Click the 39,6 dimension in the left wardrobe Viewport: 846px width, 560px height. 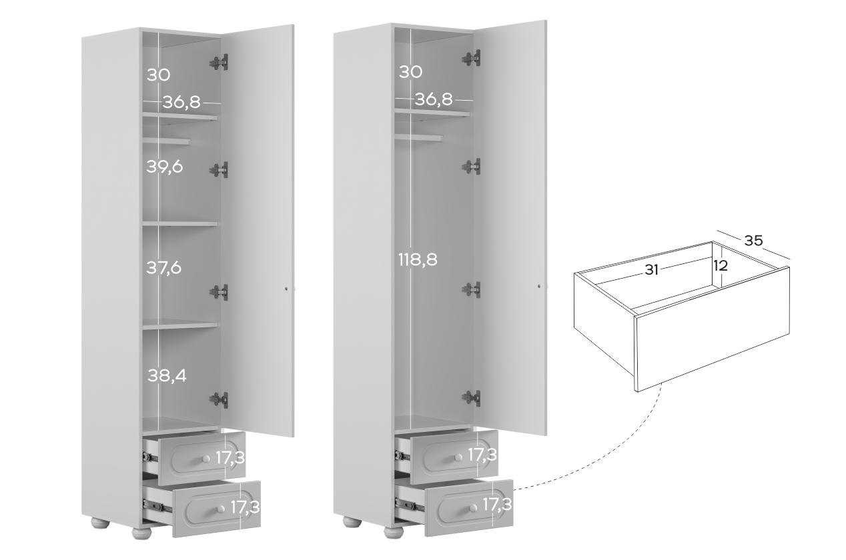[x=165, y=167]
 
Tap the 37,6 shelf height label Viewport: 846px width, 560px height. [x=164, y=268]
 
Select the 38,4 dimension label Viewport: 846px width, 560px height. [x=167, y=375]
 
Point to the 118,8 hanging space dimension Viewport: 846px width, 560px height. [x=418, y=259]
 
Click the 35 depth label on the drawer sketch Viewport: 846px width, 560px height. [x=753, y=241]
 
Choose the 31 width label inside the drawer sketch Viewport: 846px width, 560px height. [x=651, y=270]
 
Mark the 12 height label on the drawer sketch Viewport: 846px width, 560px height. [x=721, y=266]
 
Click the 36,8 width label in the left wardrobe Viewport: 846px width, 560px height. [x=181, y=102]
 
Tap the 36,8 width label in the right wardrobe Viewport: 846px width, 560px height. [x=434, y=99]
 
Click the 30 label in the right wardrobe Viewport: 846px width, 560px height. [x=410, y=72]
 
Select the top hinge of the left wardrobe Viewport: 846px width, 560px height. [x=220, y=62]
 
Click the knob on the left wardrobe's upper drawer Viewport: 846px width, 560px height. [x=206, y=459]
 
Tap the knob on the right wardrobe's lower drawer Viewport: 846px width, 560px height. [x=473, y=508]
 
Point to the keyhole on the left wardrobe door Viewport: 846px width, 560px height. [x=286, y=289]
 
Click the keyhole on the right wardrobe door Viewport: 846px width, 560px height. [x=538, y=287]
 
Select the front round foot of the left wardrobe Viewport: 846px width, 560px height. [x=141, y=533]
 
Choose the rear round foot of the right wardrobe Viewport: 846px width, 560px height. [x=352, y=522]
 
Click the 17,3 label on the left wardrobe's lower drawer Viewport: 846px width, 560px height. [x=245, y=507]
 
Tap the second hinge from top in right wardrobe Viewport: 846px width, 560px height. [x=471, y=167]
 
